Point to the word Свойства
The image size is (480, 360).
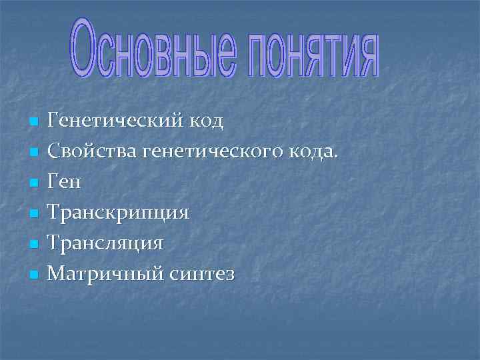[93, 152]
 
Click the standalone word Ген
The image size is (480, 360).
[65, 183]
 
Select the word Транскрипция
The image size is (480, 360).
[119, 213]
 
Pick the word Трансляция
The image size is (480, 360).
[106, 244]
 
